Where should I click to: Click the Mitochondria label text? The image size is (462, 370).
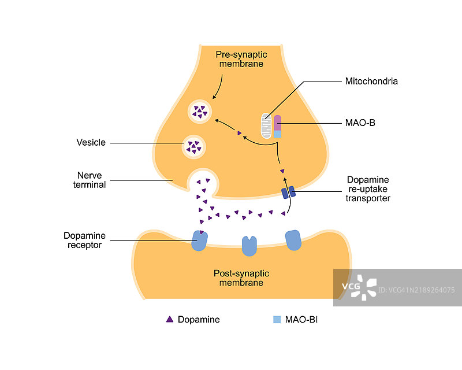pos(371,82)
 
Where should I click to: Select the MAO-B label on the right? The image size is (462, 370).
pos(360,123)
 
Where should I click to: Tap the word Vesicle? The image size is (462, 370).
pos(91,142)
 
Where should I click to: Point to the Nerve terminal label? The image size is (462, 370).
pos(91,179)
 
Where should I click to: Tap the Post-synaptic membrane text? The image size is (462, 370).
pos(241,277)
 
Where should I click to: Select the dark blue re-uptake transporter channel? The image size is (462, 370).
pos(288,192)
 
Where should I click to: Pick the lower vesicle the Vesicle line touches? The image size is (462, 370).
pos(193,147)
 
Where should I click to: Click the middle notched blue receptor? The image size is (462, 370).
pos(249,245)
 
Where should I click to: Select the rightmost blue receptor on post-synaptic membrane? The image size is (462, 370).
pos(293,240)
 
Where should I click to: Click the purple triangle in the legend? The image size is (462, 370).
pos(170,319)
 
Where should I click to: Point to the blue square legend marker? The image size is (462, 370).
pos(277,319)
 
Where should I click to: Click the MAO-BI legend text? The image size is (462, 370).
pos(301,319)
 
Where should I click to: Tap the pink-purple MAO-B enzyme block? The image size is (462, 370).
pos(278,123)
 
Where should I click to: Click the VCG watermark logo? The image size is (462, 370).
pos(359,286)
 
